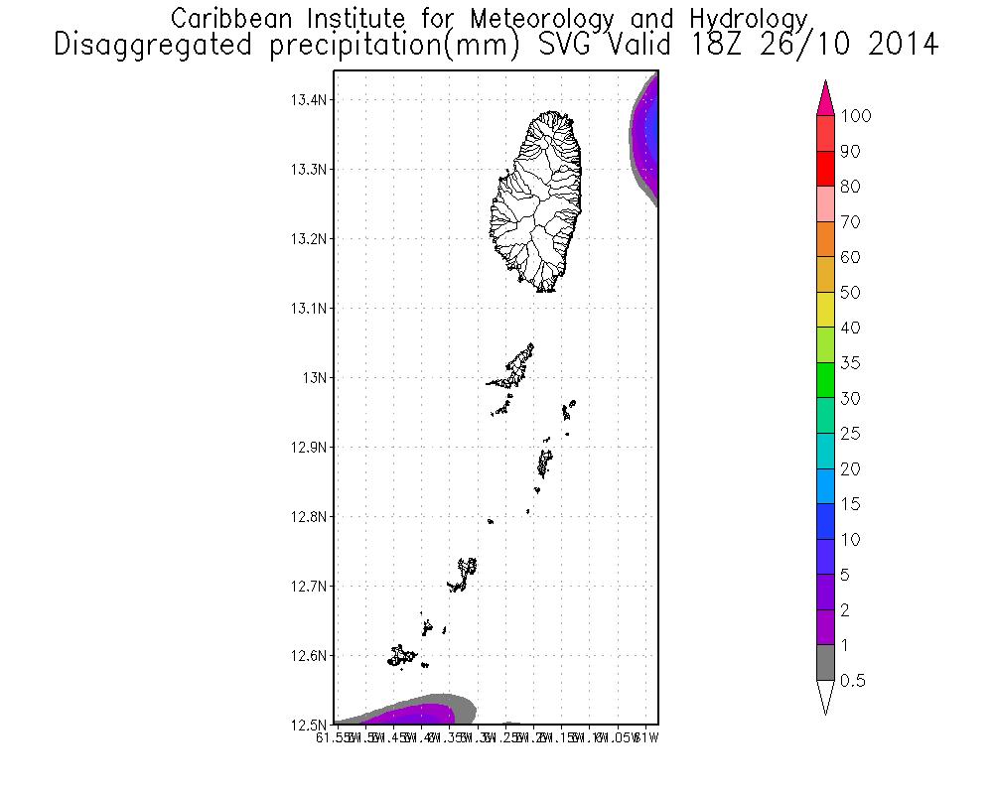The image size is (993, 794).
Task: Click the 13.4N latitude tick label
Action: click(308, 100)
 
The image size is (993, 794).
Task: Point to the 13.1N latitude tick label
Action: click(308, 309)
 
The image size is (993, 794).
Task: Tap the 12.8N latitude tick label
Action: click(308, 517)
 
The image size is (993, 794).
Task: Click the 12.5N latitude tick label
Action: click(308, 725)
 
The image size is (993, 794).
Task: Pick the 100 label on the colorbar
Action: click(855, 117)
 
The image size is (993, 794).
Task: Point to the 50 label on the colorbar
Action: click(850, 293)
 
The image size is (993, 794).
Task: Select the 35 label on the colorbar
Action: click(850, 363)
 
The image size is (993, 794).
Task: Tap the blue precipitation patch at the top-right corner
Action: click(651, 129)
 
